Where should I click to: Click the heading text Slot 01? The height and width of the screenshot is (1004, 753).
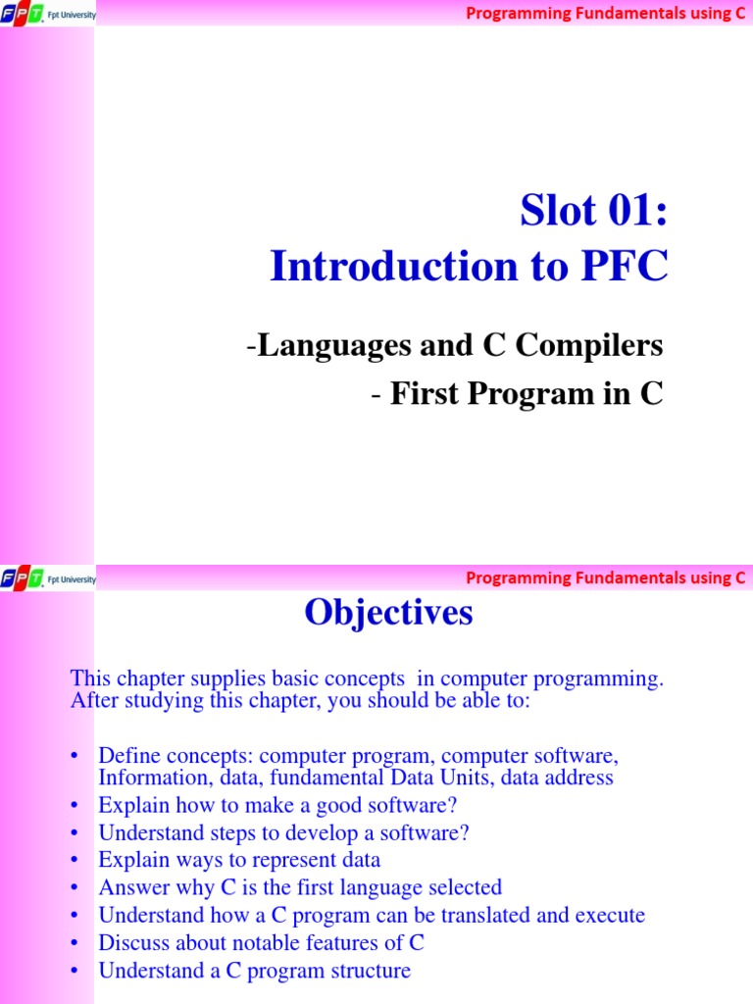tap(594, 212)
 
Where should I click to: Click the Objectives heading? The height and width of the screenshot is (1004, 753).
tap(388, 613)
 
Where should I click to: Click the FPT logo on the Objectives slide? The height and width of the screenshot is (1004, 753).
tap(23, 578)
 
